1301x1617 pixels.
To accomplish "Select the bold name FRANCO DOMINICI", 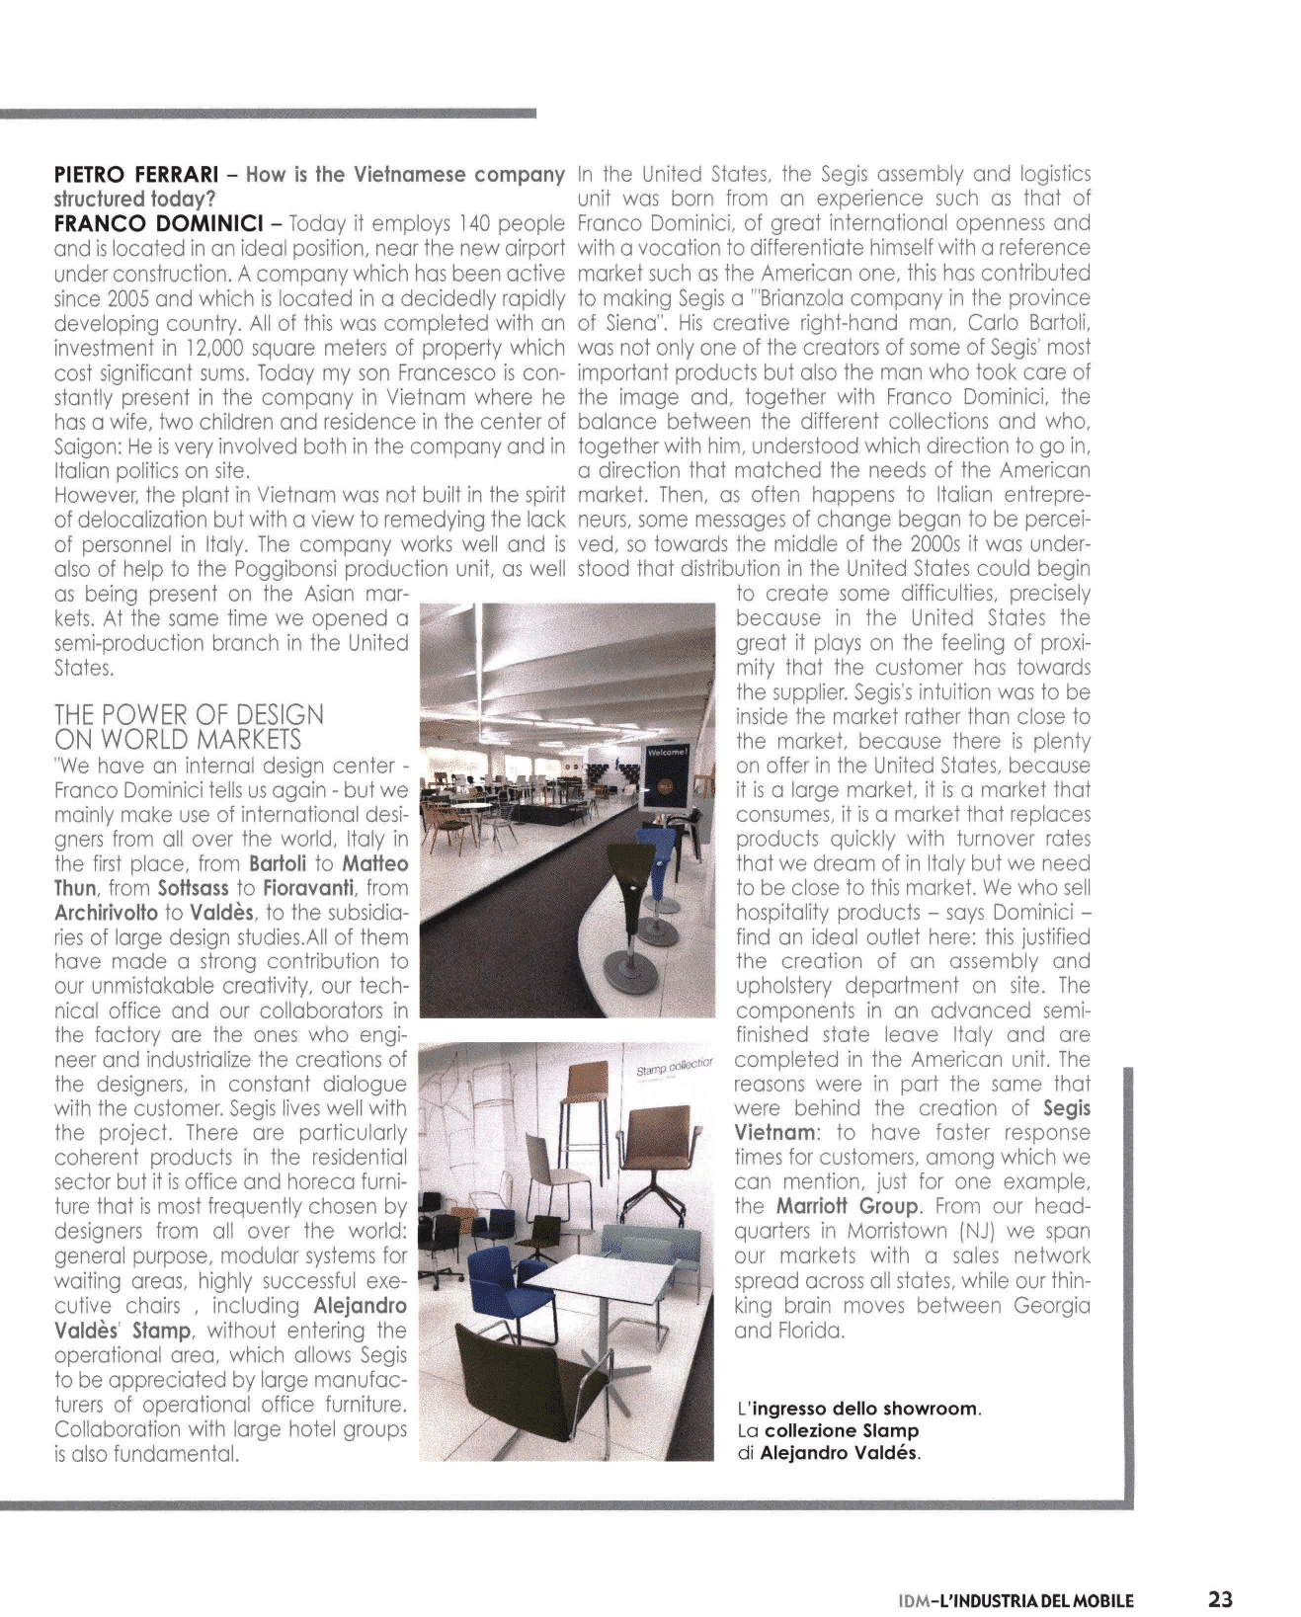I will click(150, 224).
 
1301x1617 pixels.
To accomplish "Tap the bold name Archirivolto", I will click(107, 912).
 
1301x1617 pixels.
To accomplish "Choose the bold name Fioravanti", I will click(308, 887).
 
